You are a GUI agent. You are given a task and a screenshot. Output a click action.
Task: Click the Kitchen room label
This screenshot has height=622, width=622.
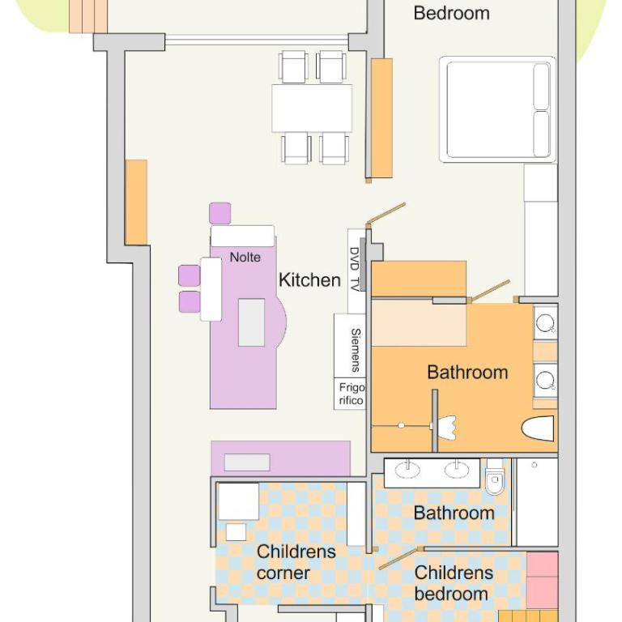[x=310, y=280]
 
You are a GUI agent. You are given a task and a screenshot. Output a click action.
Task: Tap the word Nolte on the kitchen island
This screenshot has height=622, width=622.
[x=245, y=258]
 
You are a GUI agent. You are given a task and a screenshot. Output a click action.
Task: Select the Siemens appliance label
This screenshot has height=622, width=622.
[x=356, y=350]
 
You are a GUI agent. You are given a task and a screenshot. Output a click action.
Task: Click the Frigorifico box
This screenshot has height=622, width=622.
[x=350, y=394]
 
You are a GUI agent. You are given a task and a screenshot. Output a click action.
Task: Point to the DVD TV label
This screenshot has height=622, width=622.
[x=355, y=269]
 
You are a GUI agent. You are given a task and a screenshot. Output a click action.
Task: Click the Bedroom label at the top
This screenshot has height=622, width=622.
[x=451, y=13]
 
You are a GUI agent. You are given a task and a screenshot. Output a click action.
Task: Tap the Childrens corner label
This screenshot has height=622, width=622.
[x=296, y=562]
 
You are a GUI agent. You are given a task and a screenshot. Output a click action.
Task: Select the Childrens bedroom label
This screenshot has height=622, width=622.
[x=454, y=583]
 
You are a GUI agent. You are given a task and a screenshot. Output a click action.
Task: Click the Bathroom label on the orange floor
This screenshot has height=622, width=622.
[x=467, y=373]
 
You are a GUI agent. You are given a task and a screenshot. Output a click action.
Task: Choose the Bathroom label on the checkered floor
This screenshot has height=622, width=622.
[x=454, y=513]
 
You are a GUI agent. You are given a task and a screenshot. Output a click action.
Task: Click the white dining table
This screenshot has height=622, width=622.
[x=312, y=108]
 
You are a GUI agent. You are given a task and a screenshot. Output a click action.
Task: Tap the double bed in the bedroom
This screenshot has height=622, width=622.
[x=497, y=109]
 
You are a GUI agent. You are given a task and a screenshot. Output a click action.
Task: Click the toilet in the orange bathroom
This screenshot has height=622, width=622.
[x=538, y=428]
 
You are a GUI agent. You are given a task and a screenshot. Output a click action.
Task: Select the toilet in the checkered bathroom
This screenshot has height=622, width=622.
[x=495, y=477]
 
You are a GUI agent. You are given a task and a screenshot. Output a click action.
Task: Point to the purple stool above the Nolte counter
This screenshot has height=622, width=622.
[x=220, y=213]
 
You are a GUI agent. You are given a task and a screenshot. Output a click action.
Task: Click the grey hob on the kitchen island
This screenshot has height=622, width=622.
[x=251, y=322]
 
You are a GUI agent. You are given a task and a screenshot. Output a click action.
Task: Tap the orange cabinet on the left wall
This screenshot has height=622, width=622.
[x=136, y=202]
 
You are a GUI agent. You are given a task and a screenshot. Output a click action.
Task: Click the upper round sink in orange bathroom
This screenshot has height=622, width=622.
[x=545, y=322]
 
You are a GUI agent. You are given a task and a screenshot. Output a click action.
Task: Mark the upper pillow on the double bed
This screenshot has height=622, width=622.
[x=542, y=87]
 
